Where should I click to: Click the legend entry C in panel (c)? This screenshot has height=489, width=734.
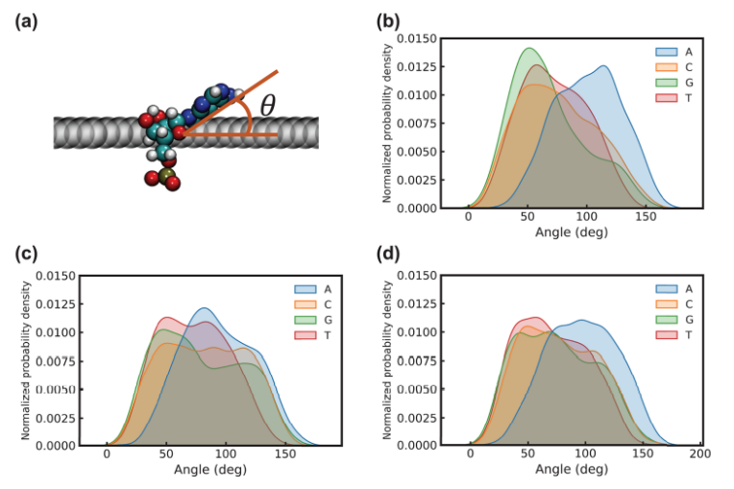319,303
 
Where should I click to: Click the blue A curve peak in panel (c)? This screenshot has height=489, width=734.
204,308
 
